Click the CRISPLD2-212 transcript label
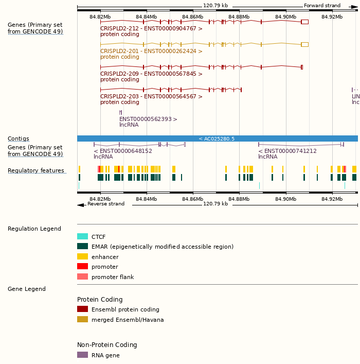pyautogui.click(x=151, y=29)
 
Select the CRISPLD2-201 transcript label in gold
pyautogui.click(x=151, y=51)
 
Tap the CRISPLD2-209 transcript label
pyautogui.click(x=151, y=74)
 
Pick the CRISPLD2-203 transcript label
pyautogui.click(x=151, y=97)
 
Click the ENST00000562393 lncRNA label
pyautogui.click(x=148, y=119)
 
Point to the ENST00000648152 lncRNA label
pyautogui.click(x=123, y=151)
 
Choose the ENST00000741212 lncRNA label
pyautogui.click(x=287, y=151)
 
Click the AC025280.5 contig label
pyautogui.click(x=217, y=139)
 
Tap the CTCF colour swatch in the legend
pyautogui.click(x=82, y=237)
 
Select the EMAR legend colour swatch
pyautogui.click(x=82, y=247)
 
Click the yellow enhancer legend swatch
pyautogui.click(x=82, y=256)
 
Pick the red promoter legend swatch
pyautogui.click(x=82, y=267)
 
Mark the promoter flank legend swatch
pyautogui.click(x=82, y=277)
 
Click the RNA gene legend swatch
pyautogui.click(x=82, y=355)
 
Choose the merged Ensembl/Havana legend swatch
pyautogui.click(x=82, y=320)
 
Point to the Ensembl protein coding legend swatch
pyautogui.click(x=82, y=309)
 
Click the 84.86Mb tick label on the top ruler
pyautogui.click(x=193, y=17)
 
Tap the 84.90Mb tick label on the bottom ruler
pyautogui.click(x=285, y=199)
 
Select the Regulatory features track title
pyautogui.click(x=36, y=171)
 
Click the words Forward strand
pyautogui.click(x=322, y=6)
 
